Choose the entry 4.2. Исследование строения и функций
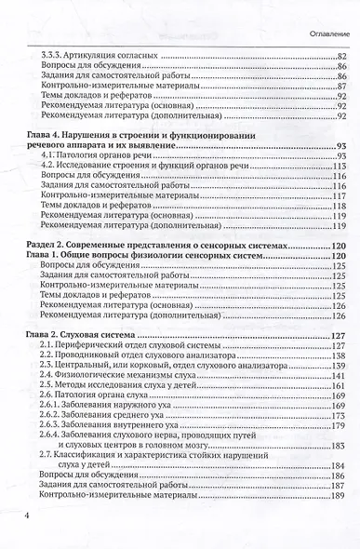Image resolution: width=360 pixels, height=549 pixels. point(121,166)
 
